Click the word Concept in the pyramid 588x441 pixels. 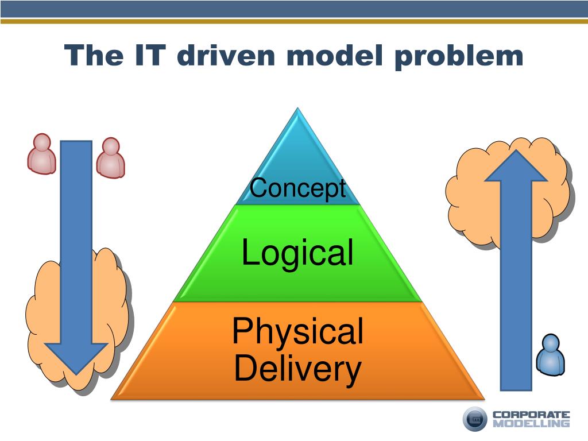click(297, 188)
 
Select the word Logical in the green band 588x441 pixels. click(297, 253)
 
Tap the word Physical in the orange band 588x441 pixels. click(297, 331)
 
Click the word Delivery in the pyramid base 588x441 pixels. click(297, 369)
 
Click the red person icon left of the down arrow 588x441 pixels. click(42, 153)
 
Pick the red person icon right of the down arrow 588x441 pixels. click(110, 157)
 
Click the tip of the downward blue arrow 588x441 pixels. click(76, 370)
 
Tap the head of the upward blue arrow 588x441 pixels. click(516, 164)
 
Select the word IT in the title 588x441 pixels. click(151, 56)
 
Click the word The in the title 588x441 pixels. click(94, 56)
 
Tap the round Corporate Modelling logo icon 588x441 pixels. click(475, 419)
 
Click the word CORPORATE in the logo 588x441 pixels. click(531, 414)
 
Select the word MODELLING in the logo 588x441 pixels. click(531, 424)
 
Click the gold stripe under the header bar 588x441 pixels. click(294, 21)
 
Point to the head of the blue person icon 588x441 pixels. click(551, 342)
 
